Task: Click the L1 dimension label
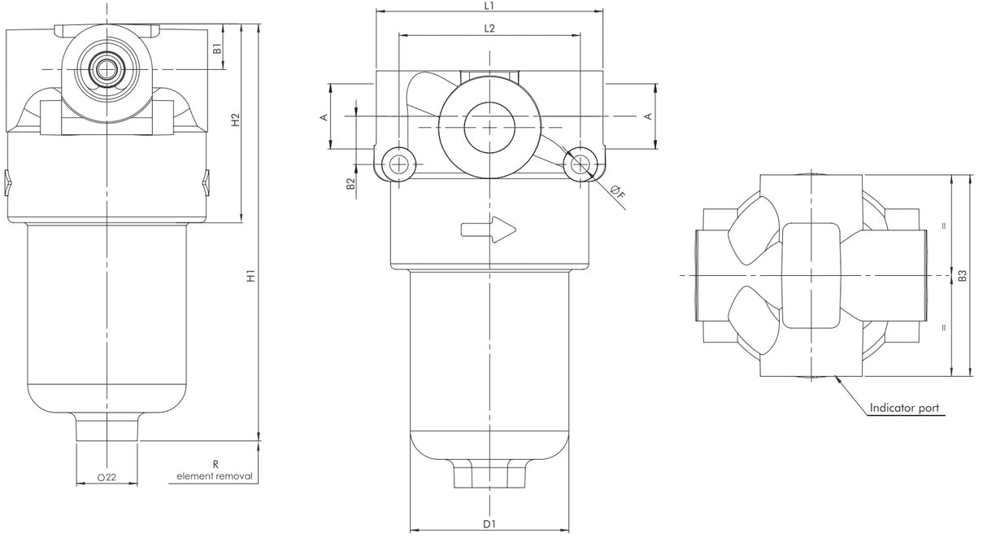[489, 6]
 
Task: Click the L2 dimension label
[489, 28]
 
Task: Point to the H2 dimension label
[235, 120]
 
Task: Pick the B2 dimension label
[350, 185]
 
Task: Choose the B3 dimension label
[963, 277]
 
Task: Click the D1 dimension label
[489, 524]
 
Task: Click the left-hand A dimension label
[323, 117]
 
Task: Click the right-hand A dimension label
[648, 117]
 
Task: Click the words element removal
[215, 476]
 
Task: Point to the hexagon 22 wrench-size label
[107, 478]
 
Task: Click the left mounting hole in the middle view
[398, 164]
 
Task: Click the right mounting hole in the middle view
[580, 164]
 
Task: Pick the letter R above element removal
[215, 464]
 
